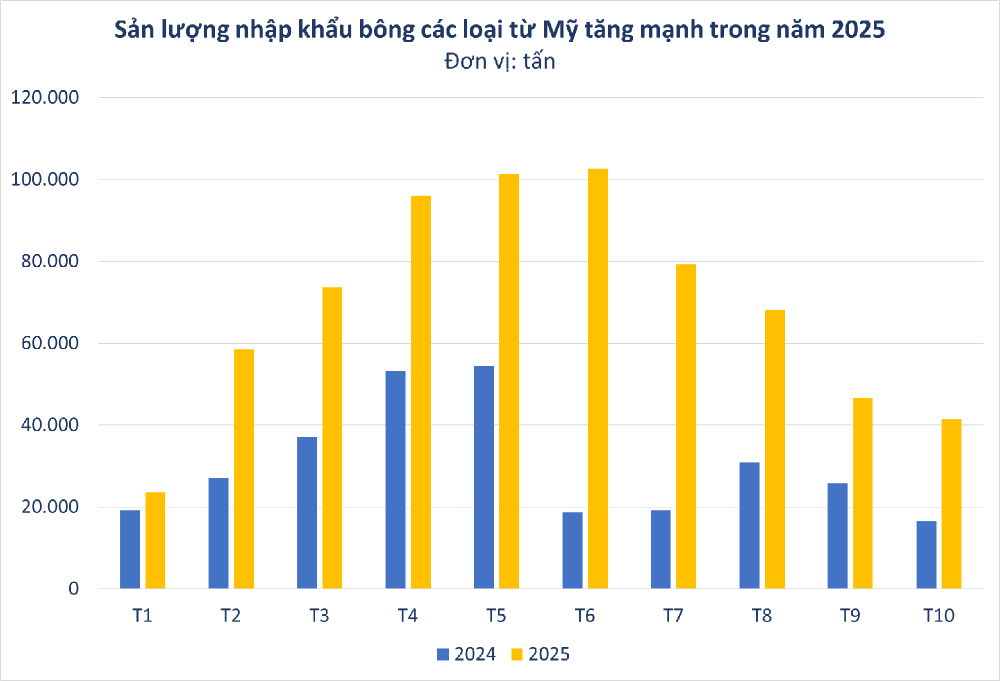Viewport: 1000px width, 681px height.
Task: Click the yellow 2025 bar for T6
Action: click(597, 379)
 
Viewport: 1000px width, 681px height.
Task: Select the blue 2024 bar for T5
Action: click(483, 477)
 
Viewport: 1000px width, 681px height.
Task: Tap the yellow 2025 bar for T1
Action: click(155, 540)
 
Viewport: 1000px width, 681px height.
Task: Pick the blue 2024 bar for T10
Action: click(926, 554)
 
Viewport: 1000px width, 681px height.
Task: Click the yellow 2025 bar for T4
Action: click(420, 392)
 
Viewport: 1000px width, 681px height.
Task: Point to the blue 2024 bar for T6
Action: click(572, 550)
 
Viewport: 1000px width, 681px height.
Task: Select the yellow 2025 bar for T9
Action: click(862, 493)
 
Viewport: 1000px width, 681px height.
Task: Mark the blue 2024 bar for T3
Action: click(306, 512)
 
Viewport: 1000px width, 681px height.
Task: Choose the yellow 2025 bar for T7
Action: click(685, 426)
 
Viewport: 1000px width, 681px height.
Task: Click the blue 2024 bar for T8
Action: click(749, 525)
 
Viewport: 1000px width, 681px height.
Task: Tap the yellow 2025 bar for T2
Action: click(243, 469)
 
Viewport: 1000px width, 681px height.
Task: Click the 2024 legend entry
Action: click(466, 654)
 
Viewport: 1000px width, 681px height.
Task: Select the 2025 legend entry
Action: click(540, 654)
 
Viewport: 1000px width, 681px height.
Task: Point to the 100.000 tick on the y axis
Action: click(45, 179)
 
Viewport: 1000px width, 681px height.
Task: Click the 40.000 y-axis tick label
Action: click(49, 425)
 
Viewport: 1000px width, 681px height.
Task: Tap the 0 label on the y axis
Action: click(73, 588)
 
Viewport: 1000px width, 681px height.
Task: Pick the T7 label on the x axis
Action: click(673, 615)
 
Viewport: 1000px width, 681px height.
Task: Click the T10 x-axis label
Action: click(938, 615)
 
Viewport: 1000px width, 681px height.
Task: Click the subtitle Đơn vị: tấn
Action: click(499, 62)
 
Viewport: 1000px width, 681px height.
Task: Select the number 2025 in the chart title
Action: click(858, 30)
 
